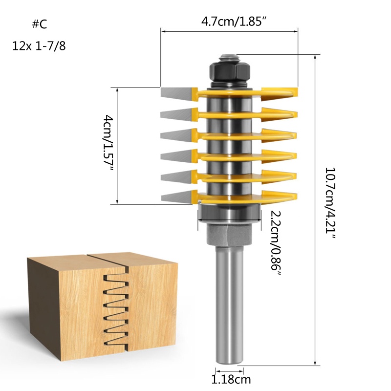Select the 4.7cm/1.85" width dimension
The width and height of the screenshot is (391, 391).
click(x=229, y=22)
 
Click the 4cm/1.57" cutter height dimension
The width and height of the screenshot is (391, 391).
click(x=108, y=143)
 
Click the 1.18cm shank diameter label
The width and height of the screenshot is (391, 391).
click(x=231, y=379)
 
